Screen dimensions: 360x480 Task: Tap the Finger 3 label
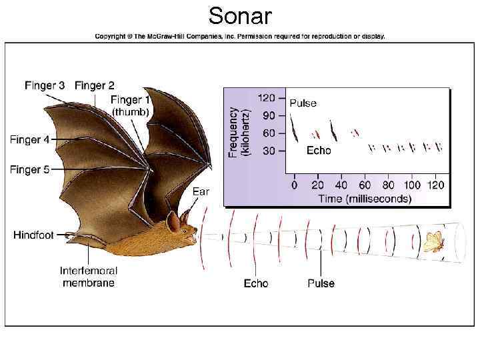(x=45, y=85)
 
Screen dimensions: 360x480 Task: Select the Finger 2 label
(x=94, y=85)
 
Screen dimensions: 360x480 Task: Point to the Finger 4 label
(x=29, y=140)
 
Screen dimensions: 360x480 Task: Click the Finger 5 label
(x=29, y=170)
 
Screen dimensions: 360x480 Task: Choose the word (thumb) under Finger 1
(x=130, y=111)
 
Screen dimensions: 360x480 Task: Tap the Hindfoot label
(x=34, y=235)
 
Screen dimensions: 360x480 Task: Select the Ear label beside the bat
(x=201, y=191)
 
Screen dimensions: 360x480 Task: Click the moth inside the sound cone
(x=433, y=241)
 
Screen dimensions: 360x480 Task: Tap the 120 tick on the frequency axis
(x=267, y=98)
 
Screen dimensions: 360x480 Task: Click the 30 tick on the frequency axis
(x=269, y=151)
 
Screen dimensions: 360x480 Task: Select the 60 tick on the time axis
(x=365, y=185)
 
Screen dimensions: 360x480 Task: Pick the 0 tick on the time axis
(x=294, y=185)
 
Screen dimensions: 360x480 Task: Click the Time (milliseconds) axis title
(x=364, y=198)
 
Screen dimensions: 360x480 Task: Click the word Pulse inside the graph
(x=303, y=103)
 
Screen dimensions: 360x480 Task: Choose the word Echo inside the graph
(x=318, y=151)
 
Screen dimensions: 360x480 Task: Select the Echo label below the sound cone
(x=255, y=283)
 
